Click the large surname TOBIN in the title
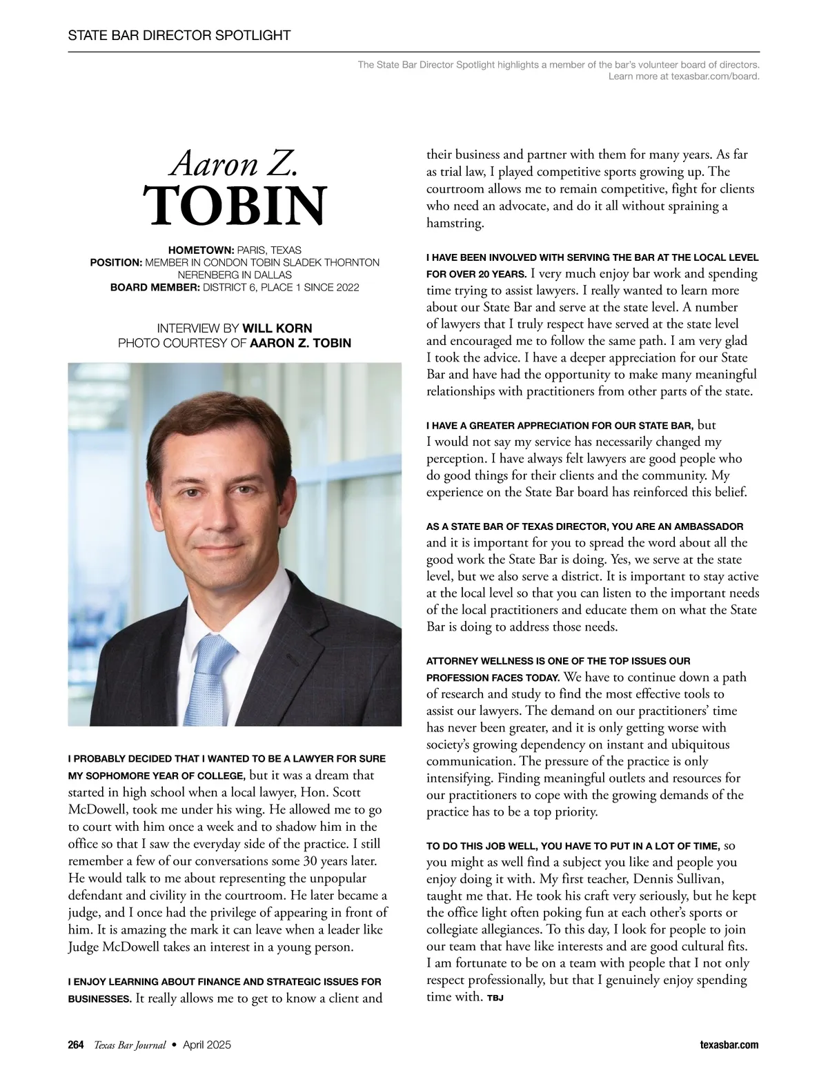click(x=235, y=205)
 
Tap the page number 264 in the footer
click(x=76, y=1045)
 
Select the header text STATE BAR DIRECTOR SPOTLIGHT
click(x=179, y=35)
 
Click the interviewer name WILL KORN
click(x=277, y=328)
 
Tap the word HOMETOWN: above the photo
click(x=201, y=250)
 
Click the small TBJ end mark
click(x=495, y=998)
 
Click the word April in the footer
click(x=195, y=1045)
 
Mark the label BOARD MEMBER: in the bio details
click(x=155, y=287)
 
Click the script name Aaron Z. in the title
click(x=234, y=164)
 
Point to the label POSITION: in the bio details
click(x=116, y=262)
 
